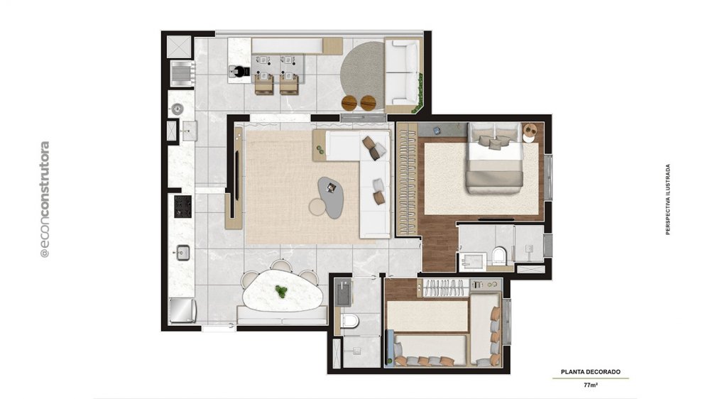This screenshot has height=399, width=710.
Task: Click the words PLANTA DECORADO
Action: point(591,372)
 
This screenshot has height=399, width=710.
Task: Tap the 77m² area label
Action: point(591,386)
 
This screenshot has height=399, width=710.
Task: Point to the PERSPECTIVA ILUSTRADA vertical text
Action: point(667,199)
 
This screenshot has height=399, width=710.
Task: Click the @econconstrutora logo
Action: point(44,199)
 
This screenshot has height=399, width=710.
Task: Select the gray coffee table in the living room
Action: point(332,197)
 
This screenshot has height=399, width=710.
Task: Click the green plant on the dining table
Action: point(282,292)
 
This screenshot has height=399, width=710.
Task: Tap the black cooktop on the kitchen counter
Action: point(182,207)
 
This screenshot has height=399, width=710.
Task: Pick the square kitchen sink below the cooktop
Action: point(182,253)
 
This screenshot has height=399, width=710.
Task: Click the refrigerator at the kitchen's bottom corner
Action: point(182,311)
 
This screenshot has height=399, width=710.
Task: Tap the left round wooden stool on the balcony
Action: point(349,103)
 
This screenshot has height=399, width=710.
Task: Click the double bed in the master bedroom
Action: point(495,158)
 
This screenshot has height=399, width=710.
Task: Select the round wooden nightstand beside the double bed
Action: point(530,132)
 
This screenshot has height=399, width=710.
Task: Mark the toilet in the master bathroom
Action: point(499,256)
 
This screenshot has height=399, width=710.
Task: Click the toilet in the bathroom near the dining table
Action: point(351,321)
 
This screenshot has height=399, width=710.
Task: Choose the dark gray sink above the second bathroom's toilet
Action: point(343,293)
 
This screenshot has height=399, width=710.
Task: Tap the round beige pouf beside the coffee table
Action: point(318,207)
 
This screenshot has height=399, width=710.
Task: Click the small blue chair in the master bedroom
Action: point(437,131)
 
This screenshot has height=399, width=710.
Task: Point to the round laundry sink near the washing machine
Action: point(177,109)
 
